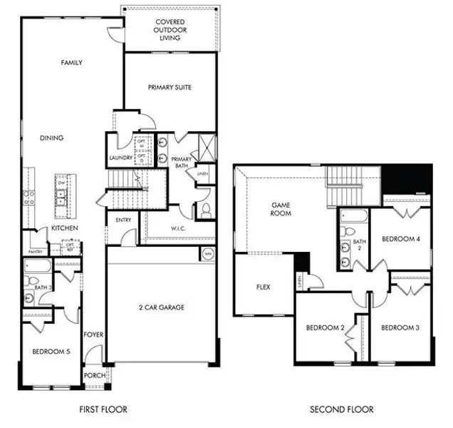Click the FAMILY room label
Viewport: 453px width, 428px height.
point(71,63)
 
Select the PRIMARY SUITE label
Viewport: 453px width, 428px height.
point(170,88)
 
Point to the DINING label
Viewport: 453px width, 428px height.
point(52,138)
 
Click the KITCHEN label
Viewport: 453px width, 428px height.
point(63,228)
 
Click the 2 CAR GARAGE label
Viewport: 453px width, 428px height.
point(161,307)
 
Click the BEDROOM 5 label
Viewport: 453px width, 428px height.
point(51,352)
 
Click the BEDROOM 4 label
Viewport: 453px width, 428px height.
point(401,240)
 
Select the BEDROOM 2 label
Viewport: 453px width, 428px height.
point(326,328)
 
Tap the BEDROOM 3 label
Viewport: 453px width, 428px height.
point(400,328)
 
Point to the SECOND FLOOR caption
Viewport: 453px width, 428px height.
point(341,409)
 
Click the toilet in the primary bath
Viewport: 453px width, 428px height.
point(205,210)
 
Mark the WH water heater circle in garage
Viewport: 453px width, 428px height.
point(208,253)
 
